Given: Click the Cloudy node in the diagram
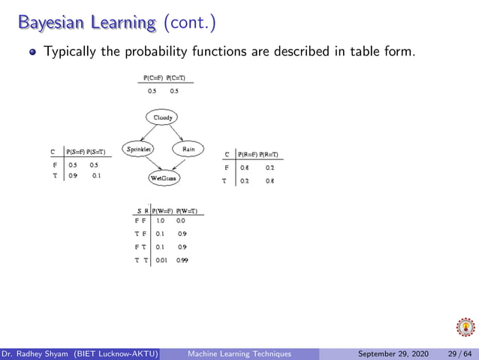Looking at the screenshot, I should pyautogui.click(x=163, y=117).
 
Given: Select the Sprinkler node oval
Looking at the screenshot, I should pyautogui.click(x=139, y=149).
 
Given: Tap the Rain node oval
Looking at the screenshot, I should pyautogui.click(x=188, y=149).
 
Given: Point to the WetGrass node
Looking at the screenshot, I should pyautogui.click(x=163, y=179).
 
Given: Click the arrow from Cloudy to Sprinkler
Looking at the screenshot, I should pyautogui.click(x=151, y=133).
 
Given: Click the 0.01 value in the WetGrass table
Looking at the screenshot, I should pyautogui.click(x=161, y=261).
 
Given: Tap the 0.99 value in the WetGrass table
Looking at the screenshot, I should pyautogui.click(x=182, y=261).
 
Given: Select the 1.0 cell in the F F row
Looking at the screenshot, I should pyautogui.click(x=161, y=221).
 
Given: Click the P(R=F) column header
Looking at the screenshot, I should pyautogui.click(x=248, y=154).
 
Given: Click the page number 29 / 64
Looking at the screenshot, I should pyautogui.click(x=458, y=354).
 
